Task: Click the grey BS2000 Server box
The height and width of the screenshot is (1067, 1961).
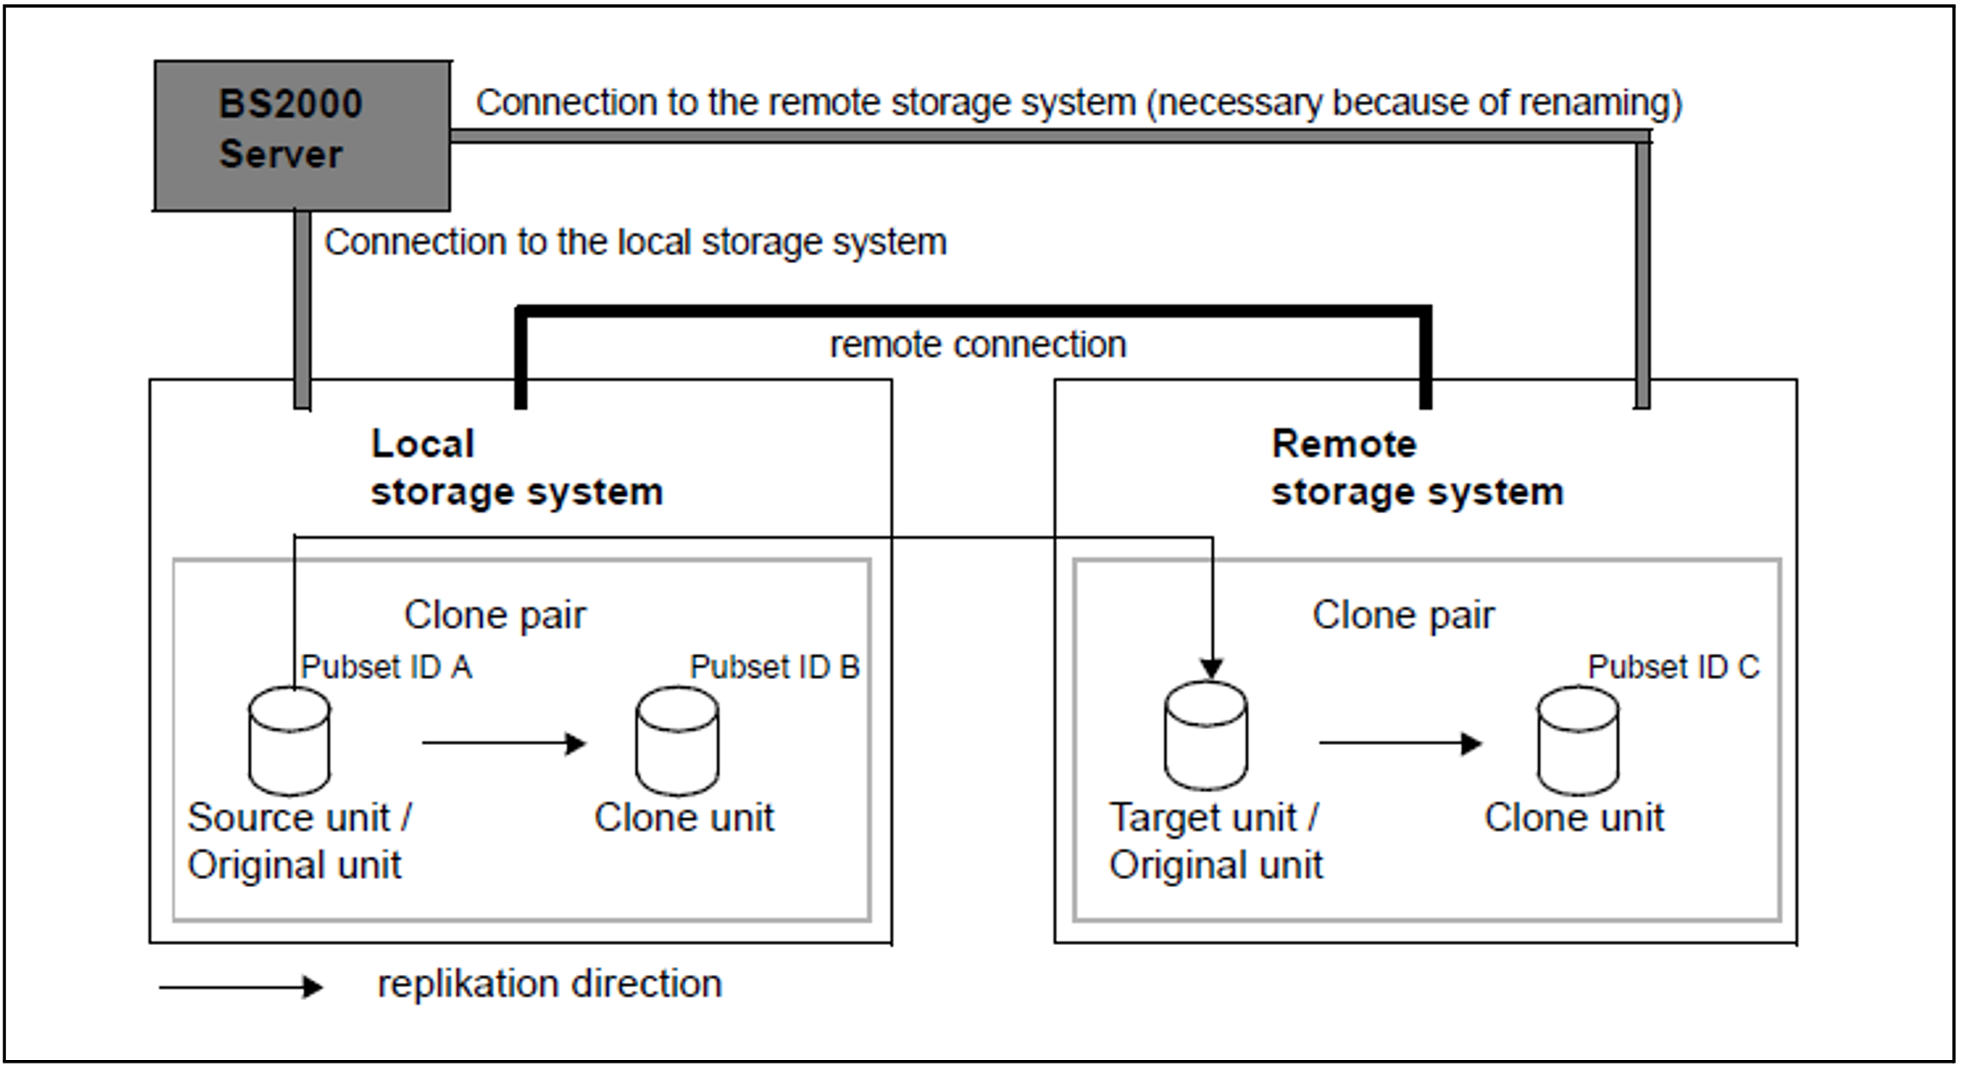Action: [303, 135]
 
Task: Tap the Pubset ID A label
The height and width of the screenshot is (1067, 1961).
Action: [387, 667]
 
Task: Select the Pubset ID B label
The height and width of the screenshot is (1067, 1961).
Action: [775, 667]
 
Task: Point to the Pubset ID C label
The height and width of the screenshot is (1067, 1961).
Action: [1673, 667]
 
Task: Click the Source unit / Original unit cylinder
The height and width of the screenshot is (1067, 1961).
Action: [289, 741]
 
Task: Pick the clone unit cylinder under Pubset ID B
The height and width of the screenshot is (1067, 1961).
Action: [677, 741]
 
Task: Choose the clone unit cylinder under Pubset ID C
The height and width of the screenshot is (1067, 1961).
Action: [1578, 741]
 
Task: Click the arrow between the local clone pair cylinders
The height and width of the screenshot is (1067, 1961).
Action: [504, 743]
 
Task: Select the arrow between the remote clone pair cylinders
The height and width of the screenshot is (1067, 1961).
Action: [1401, 743]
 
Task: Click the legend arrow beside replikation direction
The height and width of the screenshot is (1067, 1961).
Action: [241, 987]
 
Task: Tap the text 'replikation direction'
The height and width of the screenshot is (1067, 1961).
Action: [550, 984]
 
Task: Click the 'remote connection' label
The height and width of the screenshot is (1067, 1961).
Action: [978, 345]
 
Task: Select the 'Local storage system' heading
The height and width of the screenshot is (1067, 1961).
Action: [517, 468]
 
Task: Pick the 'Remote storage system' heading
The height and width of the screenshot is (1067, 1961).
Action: [1417, 468]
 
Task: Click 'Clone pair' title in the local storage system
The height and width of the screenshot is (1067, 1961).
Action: [495, 615]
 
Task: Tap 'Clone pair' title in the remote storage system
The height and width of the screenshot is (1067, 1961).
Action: [1403, 615]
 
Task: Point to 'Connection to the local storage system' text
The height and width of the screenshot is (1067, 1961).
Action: [636, 242]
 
